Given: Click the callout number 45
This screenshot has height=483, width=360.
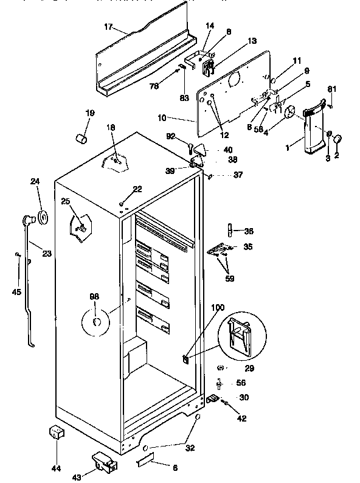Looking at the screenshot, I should tap(17, 291).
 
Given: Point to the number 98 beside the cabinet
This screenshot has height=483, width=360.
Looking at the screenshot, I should tap(94, 297).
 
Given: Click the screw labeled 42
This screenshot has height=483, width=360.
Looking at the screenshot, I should tap(225, 403).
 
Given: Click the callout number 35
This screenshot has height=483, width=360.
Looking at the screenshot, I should tap(248, 246).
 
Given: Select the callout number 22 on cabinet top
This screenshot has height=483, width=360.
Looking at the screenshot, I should tap(137, 189).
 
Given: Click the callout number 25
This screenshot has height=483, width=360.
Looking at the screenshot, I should tap(66, 201).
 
